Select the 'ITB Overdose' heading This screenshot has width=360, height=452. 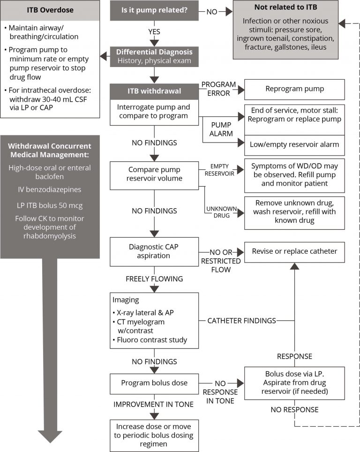[50, 10]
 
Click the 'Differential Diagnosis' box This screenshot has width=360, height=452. [154, 56]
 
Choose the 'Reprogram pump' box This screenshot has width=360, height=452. [294, 89]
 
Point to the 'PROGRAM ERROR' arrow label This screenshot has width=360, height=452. [218, 89]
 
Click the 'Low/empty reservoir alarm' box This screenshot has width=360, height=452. [294, 145]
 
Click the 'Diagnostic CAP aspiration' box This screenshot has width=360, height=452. [154, 251]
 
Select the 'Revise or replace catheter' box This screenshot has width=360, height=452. [294, 251]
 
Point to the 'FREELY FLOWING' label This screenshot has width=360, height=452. [154, 279]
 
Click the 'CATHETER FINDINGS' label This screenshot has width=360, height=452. [242, 321]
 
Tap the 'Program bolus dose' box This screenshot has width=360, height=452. [154, 383]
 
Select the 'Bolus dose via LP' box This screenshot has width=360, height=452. [294, 383]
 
